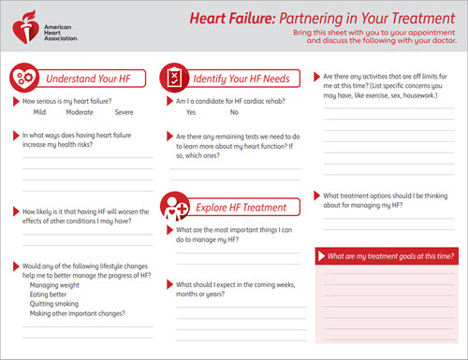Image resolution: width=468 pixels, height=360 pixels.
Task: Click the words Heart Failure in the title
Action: click(x=227, y=16)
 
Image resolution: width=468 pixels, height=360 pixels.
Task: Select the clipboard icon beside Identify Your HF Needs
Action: click(x=173, y=77)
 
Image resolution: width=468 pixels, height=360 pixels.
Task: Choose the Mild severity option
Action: click(x=39, y=112)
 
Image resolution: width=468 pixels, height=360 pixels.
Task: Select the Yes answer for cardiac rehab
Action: click(x=191, y=112)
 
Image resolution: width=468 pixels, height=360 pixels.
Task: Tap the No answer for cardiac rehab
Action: click(x=234, y=112)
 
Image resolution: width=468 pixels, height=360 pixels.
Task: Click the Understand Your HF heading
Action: click(x=86, y=79)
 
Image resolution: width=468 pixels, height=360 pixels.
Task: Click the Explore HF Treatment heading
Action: click(x=240, y=208)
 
